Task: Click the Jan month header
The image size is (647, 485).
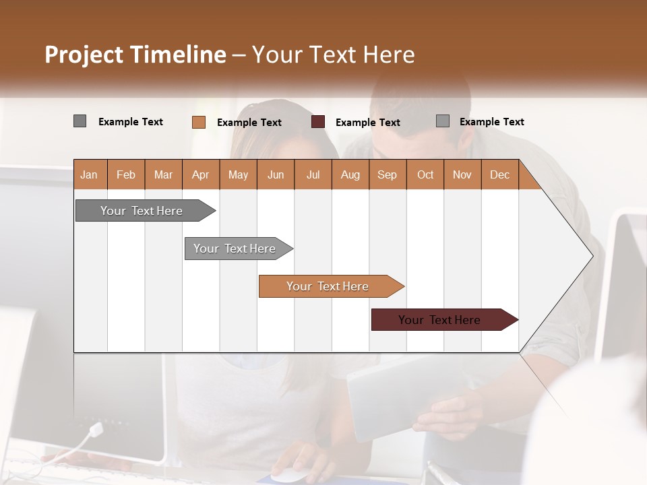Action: point(89,174)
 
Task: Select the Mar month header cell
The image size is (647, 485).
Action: point(163,174)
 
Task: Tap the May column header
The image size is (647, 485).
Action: point(238,174)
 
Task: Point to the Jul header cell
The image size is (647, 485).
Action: point(313,174)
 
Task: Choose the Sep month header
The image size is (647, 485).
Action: point(387,174)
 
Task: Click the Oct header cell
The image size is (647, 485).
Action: point(425,174)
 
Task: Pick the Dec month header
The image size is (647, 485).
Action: point(499,174)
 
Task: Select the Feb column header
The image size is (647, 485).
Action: point(126,174)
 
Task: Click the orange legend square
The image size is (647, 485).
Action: point(199,122)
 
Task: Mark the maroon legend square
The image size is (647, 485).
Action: point(318,122)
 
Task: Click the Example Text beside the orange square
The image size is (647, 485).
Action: point(249,123)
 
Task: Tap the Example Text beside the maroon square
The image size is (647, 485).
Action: point(368,123)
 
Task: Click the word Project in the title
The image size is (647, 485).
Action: point(84,55)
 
